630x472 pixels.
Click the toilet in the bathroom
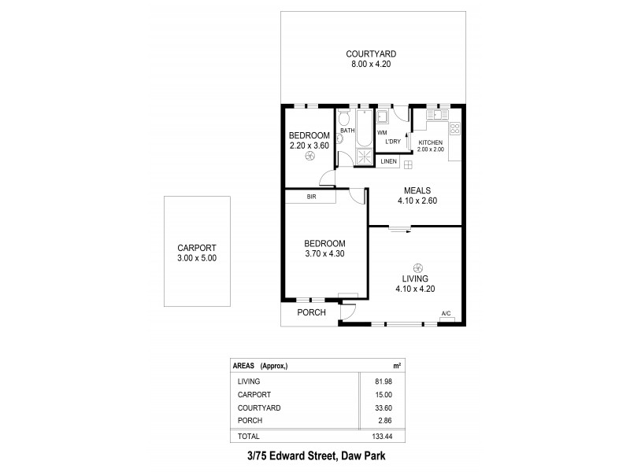coord(343,120)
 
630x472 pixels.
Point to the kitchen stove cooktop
coord(454,131)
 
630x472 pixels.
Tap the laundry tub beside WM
coord(383,117)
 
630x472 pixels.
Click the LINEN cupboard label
coord(389,162)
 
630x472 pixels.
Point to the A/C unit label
coord(446,314)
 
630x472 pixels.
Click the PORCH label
coord(311,312)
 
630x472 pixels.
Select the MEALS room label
coord(417,190)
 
